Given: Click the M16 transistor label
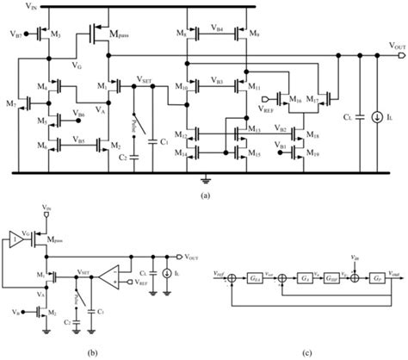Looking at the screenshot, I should point(294,100).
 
